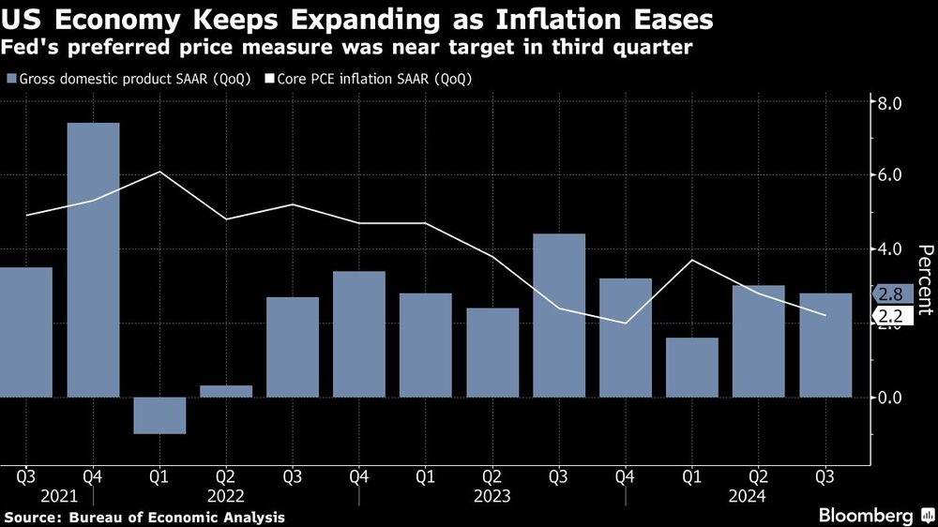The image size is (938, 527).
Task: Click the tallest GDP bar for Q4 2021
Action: (x=93, y=260)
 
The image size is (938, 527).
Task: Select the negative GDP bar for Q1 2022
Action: (x=159, y=415)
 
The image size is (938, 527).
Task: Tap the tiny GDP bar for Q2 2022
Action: (x=226, y=391)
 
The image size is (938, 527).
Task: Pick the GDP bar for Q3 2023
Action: (x=559, y=315)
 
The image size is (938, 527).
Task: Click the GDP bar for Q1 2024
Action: (x=692, y=368)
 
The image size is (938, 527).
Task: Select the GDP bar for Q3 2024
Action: (x=825, y=345)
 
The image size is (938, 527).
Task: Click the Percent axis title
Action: (x=925, y=279)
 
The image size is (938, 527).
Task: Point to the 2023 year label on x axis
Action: (x=492, y=496)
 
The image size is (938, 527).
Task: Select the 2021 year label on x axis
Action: (x=26, y=496)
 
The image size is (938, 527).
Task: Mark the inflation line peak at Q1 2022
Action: (x=159, y=172)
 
